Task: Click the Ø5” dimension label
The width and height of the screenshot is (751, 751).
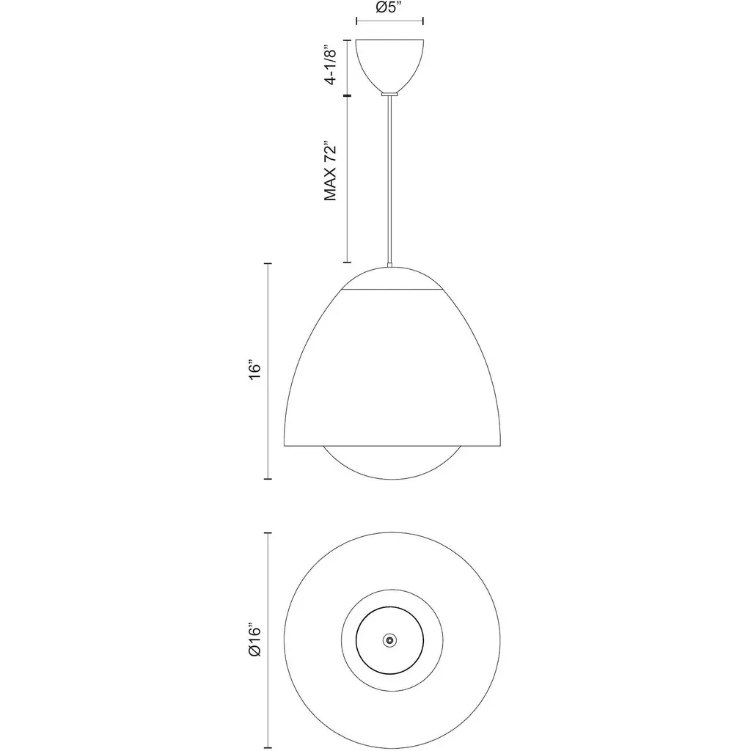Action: pos(389,7)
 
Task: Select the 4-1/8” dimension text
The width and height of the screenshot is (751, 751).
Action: pos(331,65)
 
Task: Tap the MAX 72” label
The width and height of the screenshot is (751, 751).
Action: pos(331,171)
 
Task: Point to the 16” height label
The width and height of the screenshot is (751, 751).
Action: pos(255,370)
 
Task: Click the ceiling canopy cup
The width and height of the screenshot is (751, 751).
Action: pos(389,65)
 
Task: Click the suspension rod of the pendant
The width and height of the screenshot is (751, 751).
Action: pos(390,180)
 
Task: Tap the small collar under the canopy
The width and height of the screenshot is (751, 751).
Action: pos(389,95)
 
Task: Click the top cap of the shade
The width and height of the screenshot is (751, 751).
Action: pos(392,278)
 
